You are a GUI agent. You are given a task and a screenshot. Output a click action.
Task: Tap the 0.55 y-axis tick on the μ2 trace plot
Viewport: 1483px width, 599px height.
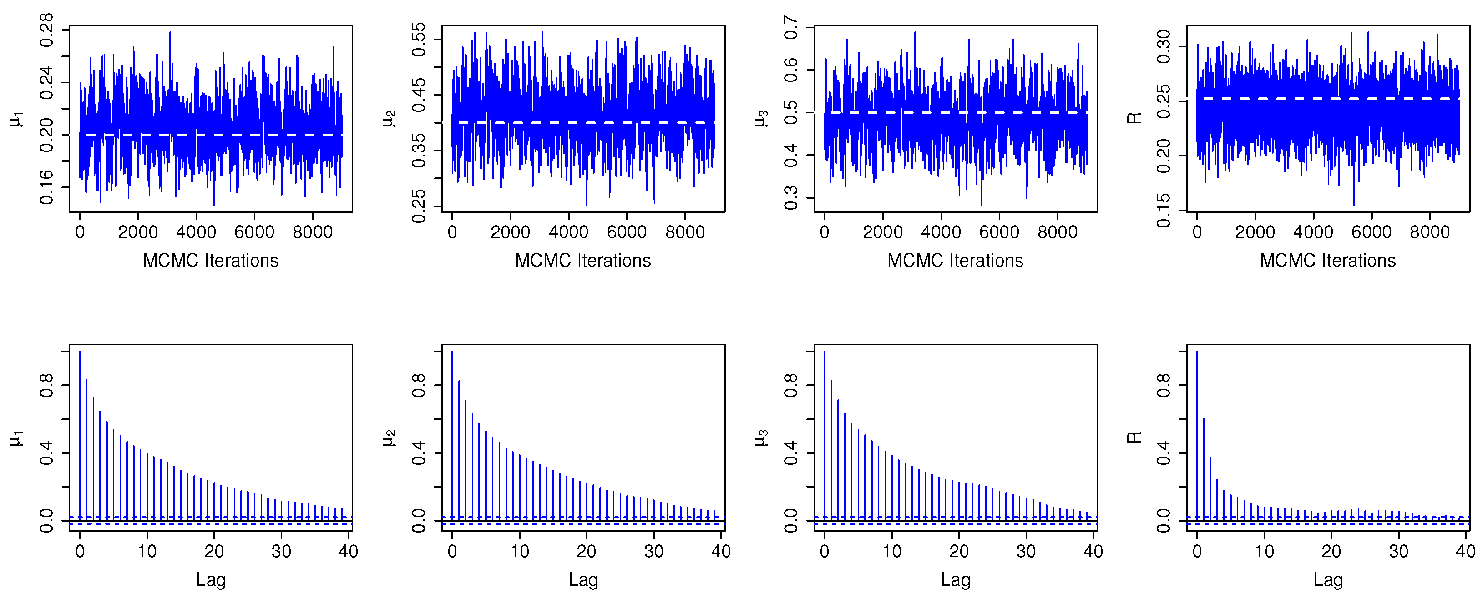[x=419, y=39]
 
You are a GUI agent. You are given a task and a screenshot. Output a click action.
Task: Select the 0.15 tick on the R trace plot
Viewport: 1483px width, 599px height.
[x=1164, y=211]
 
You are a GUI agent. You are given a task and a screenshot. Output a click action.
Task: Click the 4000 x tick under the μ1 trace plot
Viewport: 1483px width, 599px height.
[x=196, y=232]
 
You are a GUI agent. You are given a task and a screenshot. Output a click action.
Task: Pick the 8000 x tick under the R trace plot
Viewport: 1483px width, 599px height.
[x=1429, y=232]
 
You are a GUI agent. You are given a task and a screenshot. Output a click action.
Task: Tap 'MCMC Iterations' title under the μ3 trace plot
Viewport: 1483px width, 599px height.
[x=955, y=261]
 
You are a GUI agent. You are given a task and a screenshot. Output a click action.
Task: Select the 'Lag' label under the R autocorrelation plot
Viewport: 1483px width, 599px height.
[x=1328, y=580]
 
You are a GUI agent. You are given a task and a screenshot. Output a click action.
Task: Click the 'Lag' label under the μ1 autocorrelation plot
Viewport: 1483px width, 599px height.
[x=211, y=580]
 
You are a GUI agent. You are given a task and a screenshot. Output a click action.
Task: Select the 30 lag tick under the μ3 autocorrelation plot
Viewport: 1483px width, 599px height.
[x=1026, y=551]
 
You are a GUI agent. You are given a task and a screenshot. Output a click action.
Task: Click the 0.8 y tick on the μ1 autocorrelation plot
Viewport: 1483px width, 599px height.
[x=46, y=385]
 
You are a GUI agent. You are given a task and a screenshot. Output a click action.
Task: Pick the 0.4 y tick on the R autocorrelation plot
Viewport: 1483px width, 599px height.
[x=1164, y=453]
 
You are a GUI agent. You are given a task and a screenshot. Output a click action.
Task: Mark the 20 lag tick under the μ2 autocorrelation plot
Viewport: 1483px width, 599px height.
[x=587, y=551]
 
